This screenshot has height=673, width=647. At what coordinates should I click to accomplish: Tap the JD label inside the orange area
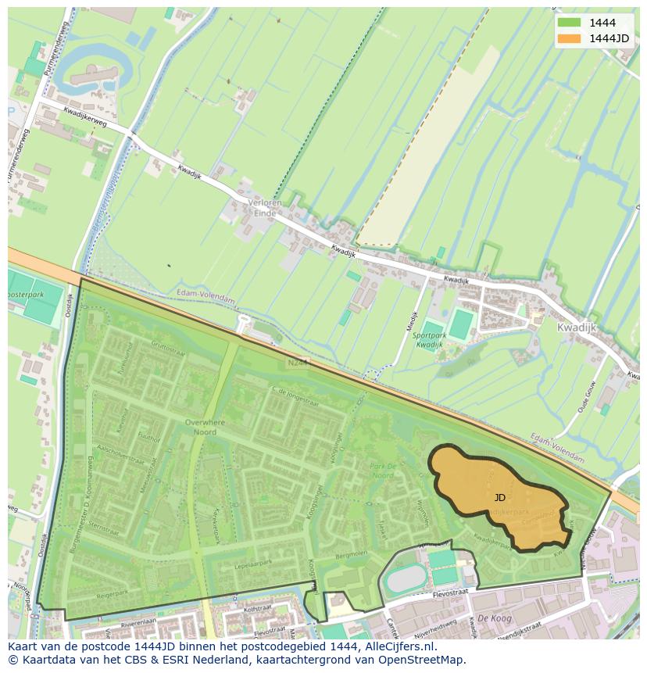tap(500, 497)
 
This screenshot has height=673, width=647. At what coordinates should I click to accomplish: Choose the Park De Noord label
tap(383, 470)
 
